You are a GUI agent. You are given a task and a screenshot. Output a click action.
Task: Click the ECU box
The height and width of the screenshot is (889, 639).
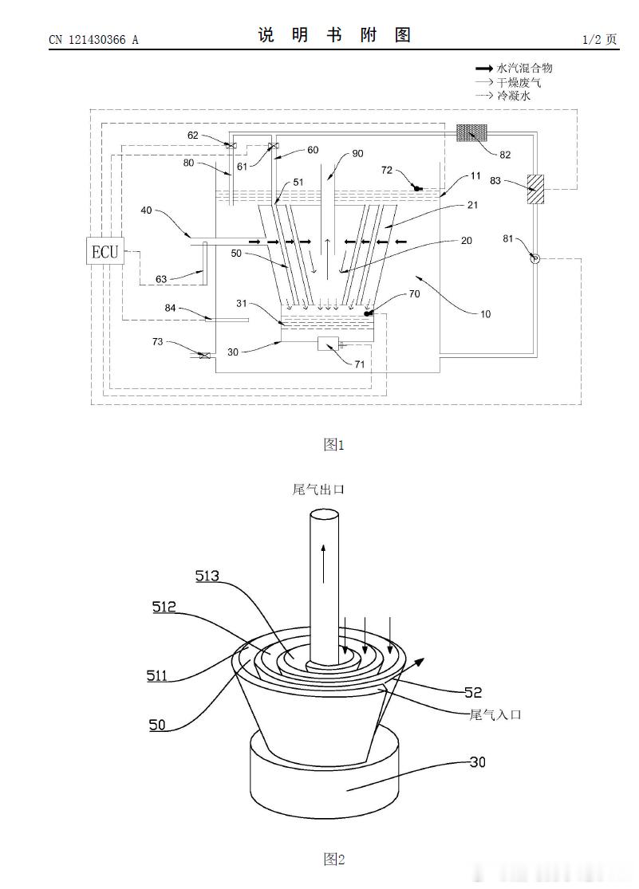tap(105, 252)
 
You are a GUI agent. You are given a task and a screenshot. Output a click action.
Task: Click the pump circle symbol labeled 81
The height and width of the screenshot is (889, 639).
tap(534, 258)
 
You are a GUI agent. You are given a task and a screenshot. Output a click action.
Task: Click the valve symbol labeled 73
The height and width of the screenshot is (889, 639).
tap(205, 356)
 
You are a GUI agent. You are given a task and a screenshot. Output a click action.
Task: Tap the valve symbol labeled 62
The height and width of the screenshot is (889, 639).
tap(231, 146)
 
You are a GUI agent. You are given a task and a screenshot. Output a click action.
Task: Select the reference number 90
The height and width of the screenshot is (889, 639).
tap(357, 153)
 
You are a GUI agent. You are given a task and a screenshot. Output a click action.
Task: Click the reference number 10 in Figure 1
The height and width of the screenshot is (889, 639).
tap(485, 313)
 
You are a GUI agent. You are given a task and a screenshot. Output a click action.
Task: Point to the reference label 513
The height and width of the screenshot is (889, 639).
tap(208, 575)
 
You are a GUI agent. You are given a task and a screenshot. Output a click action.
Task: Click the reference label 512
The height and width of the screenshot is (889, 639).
tap(165, 607)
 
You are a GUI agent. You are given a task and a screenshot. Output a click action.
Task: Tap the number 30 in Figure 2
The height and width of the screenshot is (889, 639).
tap(477, 761)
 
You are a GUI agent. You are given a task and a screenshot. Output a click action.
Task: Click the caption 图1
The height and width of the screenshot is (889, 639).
tap(333, 445)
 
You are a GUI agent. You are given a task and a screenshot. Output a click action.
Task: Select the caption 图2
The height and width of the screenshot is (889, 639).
tap(333, 859)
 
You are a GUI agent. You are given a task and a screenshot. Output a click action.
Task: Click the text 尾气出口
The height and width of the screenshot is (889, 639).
tap(318, 490)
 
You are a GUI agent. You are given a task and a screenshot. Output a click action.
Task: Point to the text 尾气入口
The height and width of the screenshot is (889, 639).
tap(495, 714)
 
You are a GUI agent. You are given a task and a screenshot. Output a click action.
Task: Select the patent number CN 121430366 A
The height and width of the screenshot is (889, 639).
tap(93, 39)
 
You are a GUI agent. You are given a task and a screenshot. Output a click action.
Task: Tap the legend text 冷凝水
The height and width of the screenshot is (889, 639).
tap(513, 95)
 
